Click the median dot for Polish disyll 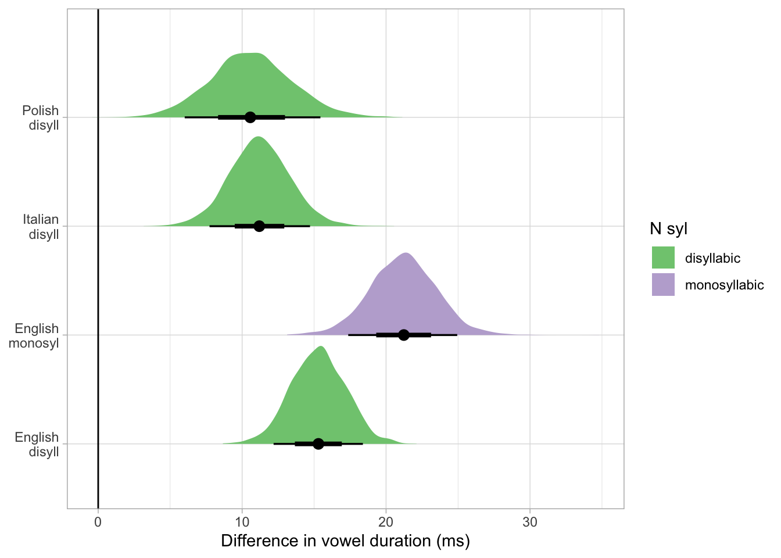[250, 117]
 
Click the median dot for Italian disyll [259, 226]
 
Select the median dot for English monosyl [404, 335]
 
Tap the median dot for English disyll [318, 444]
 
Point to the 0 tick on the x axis [98, 522]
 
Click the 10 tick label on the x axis [242, 522]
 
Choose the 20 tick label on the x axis [386, 522]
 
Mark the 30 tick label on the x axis [530, 522]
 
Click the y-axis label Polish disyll [41, 117]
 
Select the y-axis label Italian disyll [41, 227]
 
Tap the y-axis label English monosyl [34, 335]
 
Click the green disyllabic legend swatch [663, 257]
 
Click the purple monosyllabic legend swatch [663, 284]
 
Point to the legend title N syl [669, 229]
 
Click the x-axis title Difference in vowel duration [345, 541]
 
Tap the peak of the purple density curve [406, 253]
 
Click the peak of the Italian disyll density [258, 137]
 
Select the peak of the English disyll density [321, 347]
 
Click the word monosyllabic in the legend [724, 285]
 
